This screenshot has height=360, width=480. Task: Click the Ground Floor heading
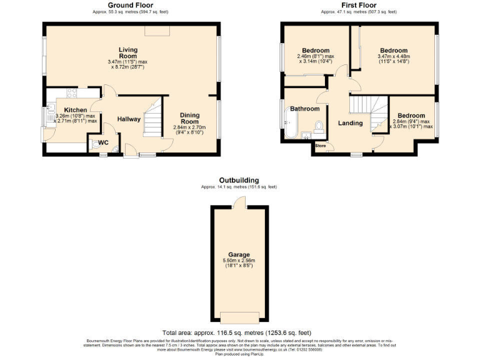(x=132, y=4)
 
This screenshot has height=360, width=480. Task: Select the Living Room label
(x=129, y=52)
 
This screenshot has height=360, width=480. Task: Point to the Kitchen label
(x=76, y=110)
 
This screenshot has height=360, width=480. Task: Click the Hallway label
(x=129, y=119)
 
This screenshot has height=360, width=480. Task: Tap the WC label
(x=103, y=142)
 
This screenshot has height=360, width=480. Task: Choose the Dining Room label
(x=190, y=119)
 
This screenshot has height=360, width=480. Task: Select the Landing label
(x=350, y=123)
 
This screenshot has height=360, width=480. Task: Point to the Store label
(x=321, y=146)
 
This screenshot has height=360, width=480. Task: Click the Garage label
(x=239, y=255)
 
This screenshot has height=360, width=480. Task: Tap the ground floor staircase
(x=153, y=119)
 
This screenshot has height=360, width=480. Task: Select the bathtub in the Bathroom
(x=291, y=123)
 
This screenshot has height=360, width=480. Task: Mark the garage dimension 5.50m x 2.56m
(x=239, y=262)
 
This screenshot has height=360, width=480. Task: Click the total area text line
(x=237, y=332)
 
